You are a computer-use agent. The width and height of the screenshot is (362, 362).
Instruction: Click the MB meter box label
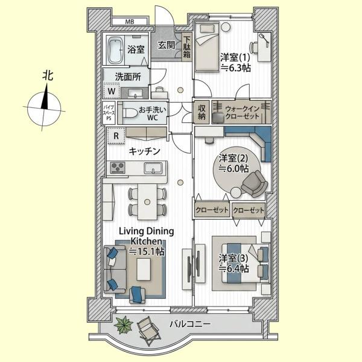point(130,22)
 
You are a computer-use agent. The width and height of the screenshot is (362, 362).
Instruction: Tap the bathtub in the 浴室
point(115,49)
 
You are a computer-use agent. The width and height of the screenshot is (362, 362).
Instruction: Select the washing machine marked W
point(112,91)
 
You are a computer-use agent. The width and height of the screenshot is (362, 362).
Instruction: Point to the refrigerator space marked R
point(116,136)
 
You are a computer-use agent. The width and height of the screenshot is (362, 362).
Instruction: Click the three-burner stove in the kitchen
point(118,167)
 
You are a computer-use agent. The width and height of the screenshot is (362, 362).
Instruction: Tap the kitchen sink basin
point(153,168)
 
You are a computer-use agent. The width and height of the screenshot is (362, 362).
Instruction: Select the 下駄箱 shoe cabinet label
point(187,47)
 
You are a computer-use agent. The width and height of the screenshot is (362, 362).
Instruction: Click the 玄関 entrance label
point(167,45)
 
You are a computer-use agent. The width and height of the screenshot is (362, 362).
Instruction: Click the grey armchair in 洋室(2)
point(255,183)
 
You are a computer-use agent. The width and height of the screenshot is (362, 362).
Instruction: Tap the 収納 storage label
point(202,112)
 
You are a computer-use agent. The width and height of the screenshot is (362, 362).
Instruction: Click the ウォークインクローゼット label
point(242,112)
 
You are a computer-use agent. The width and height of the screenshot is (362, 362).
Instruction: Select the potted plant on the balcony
point(124,325)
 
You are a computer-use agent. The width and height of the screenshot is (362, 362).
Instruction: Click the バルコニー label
point(190,324)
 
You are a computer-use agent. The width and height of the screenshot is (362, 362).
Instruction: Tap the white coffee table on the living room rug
point(144,270)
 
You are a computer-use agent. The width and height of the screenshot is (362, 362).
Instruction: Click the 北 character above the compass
point(48,75)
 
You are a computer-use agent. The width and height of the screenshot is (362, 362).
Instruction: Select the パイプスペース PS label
point(109,112)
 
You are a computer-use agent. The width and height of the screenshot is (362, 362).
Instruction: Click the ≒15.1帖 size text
point(147,251)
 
